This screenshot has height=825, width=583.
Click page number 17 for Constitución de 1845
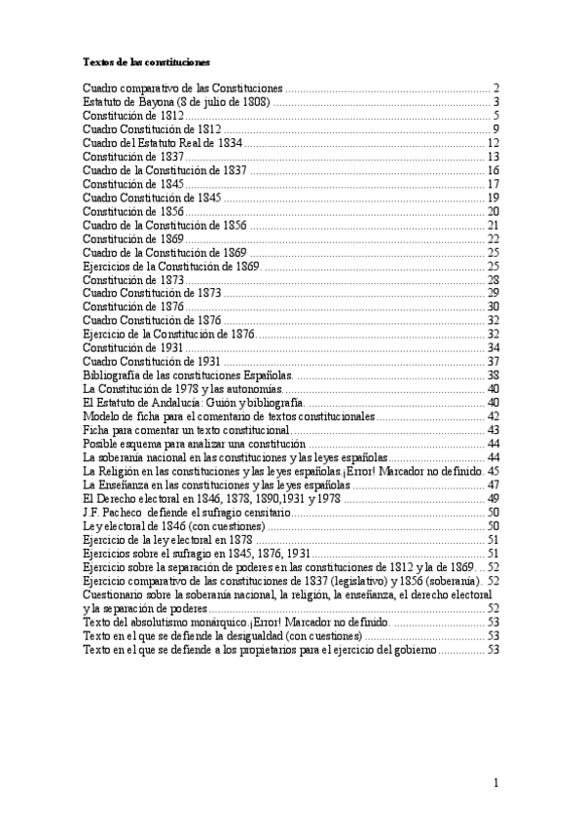[493, 184]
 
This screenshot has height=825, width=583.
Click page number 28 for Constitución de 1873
[493, 279]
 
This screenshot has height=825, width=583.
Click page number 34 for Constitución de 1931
[493, 347]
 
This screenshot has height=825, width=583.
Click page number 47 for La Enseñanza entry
[493, 484]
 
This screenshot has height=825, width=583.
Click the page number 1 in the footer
[495, 783]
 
